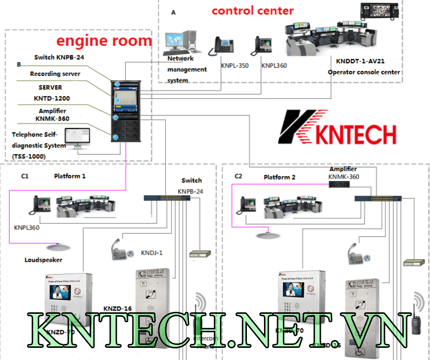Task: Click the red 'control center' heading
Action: pyautogui.click(x=253, y=10)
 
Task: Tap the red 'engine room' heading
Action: pyautogui.click(x=104, y=40)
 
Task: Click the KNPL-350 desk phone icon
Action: pyautogui.click(x=222, y=46)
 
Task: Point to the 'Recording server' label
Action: pyautogui.click(x=55, y=74)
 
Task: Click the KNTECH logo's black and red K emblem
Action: pyautogui.click(x=298, y=126)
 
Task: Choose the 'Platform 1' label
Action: pyautogui.click(x=70, y=176)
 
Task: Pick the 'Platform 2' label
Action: pyautogui.click(x=280, y=177)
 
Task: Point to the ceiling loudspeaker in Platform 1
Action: pyautogui.click(x=58, y=246)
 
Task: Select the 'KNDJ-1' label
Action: pyautogui.click(x=151, y=253)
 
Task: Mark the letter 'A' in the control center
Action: pyautogui.click(x=173, y=13)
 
